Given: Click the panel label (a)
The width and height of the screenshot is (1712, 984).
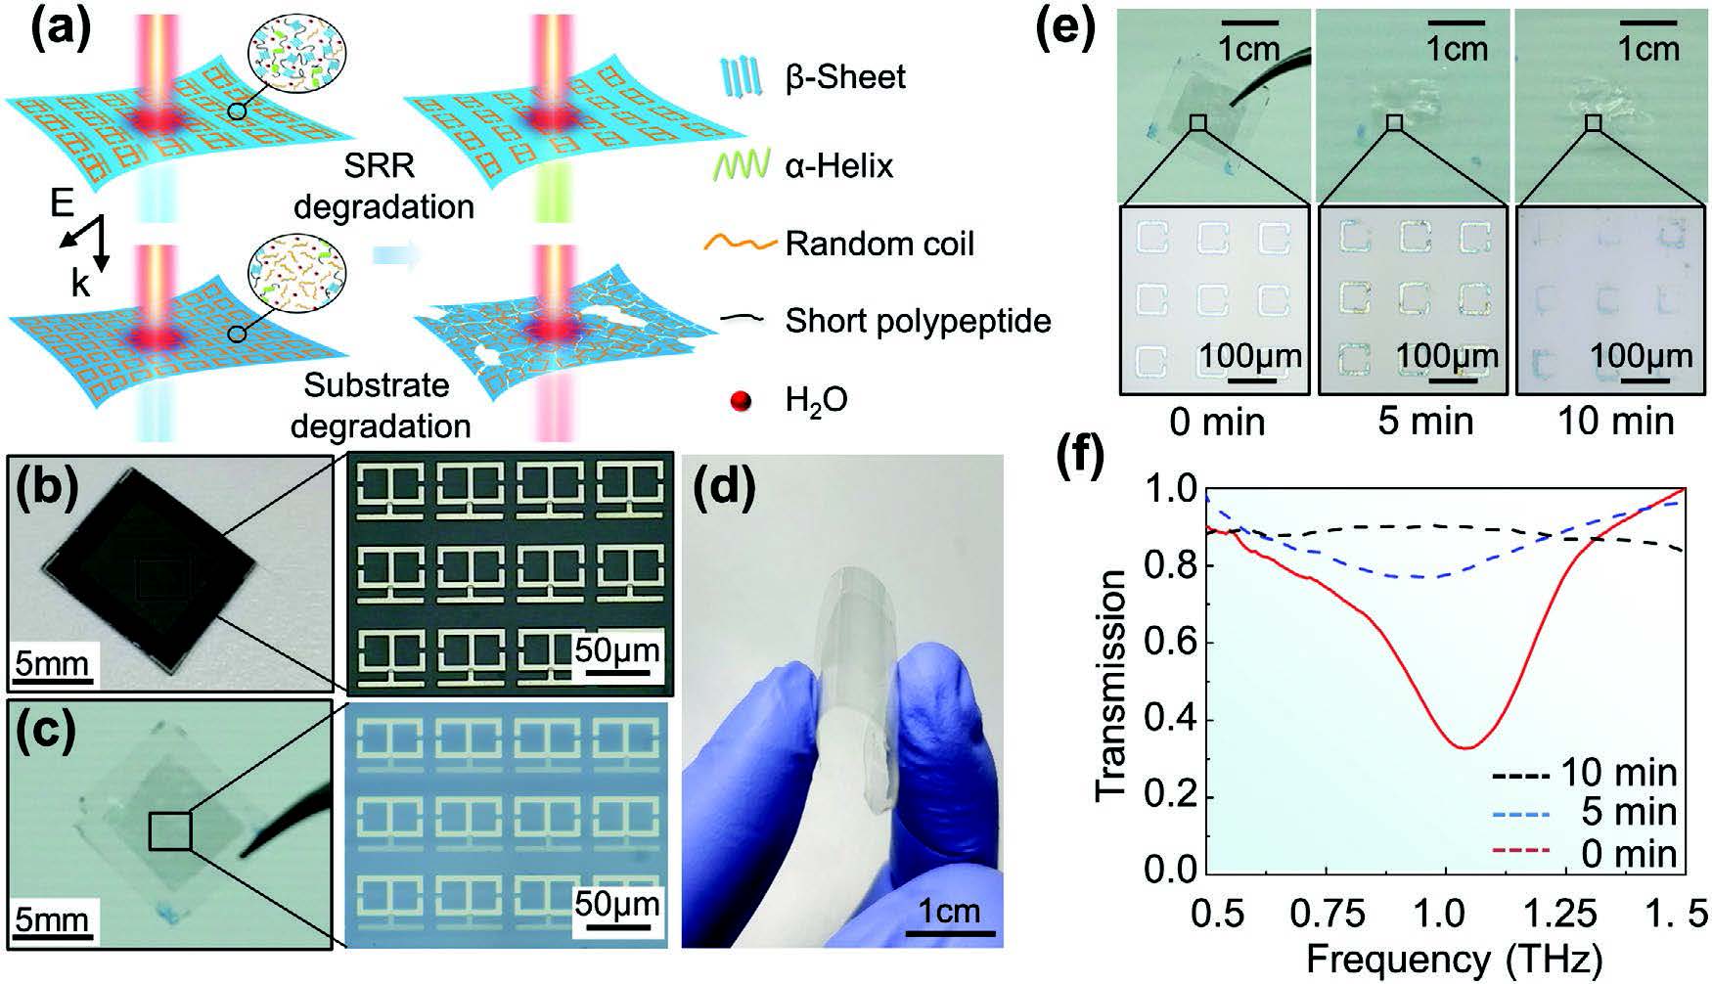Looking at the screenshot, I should [x=60, y=32].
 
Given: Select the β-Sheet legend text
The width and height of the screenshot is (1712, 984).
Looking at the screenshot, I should [x=845, y=77].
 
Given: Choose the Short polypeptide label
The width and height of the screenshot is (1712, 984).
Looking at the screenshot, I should [x=918, y=321].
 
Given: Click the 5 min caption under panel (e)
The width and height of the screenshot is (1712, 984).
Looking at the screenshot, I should [x=1423, y=422].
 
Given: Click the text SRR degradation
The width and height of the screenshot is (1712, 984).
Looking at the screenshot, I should [x=383, y=187].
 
